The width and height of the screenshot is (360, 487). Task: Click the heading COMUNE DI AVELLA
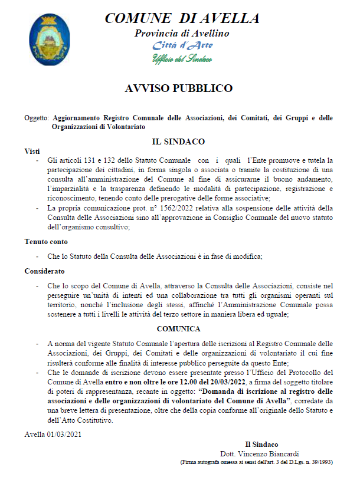coord(181,19)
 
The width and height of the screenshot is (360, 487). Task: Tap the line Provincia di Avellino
coord(181,33)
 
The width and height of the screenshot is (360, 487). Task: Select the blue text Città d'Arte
coord(182,45)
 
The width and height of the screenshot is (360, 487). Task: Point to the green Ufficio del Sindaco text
coord(182,58)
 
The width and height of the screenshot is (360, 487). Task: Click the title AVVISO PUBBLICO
coord(179,88)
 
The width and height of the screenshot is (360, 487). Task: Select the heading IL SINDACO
coord(178,142)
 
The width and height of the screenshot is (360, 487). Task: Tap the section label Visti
coord(32,152)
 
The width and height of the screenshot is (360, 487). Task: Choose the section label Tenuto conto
coord(46,241)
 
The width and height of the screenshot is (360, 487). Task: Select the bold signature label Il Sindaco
coord(261,444)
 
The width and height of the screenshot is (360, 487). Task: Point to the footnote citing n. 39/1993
coord(256,462)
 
